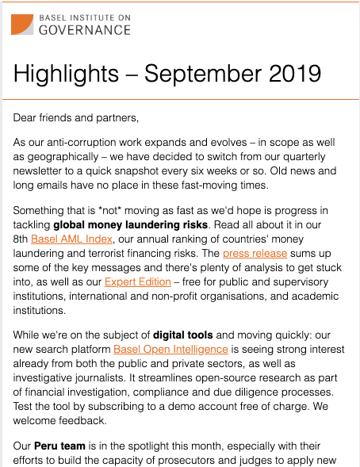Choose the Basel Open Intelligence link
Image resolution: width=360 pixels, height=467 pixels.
pos(171,348)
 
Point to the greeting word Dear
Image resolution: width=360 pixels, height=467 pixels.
pos(26,118)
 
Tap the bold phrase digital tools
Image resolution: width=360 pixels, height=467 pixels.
pos(208,334)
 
